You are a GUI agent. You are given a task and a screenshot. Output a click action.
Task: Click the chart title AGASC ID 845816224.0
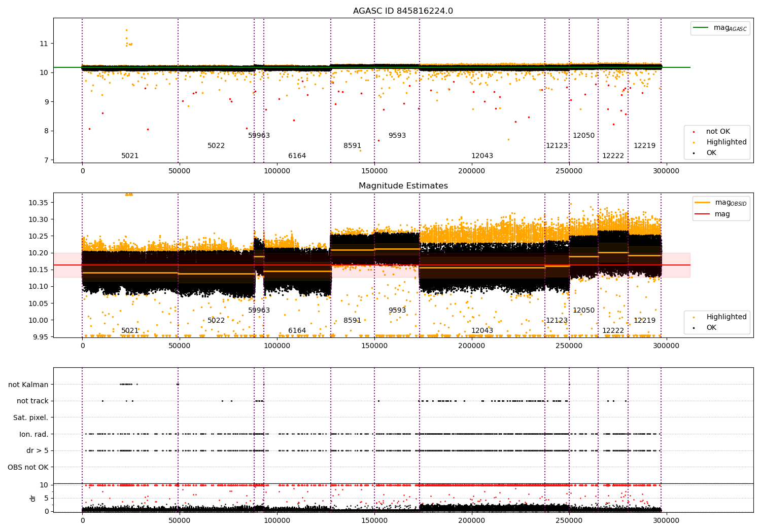point(403,11)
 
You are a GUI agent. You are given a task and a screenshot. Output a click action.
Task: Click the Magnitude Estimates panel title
point(403,186)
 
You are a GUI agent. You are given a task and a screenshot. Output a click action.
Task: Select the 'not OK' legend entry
point(718,132)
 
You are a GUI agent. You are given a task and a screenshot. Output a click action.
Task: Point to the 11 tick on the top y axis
point(44,44)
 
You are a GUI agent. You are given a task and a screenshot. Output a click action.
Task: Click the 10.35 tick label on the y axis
point(38,203)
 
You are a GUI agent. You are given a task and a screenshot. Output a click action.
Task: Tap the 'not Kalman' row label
point(28,385)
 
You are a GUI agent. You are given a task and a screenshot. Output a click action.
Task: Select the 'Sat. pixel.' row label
point(30,417)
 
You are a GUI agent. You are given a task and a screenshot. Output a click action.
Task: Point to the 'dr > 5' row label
point(37,450)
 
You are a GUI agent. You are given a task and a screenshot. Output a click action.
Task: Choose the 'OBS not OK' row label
point(28,467)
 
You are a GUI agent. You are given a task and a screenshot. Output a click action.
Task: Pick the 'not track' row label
point(32,401)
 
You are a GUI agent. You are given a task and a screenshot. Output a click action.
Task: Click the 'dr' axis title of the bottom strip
point(33,498)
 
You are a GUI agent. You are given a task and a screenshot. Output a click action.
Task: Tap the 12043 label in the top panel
point(482,156)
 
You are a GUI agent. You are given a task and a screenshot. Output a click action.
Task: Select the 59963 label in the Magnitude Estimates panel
point(259,310)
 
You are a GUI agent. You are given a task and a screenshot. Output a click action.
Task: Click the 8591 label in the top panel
point(352,146)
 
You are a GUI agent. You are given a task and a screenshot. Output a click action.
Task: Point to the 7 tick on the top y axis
point(45,160)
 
